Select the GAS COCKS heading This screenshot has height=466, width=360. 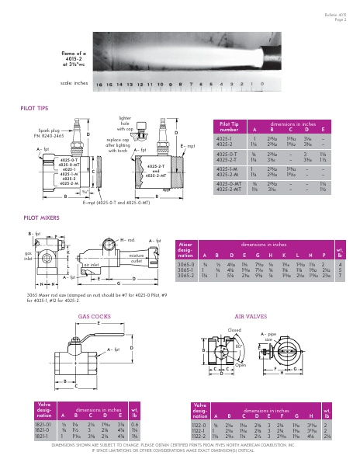(x=93, y=317)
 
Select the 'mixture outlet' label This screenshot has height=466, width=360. (x=137, y=256)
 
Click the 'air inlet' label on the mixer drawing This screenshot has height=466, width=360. (x=92, y=265)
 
